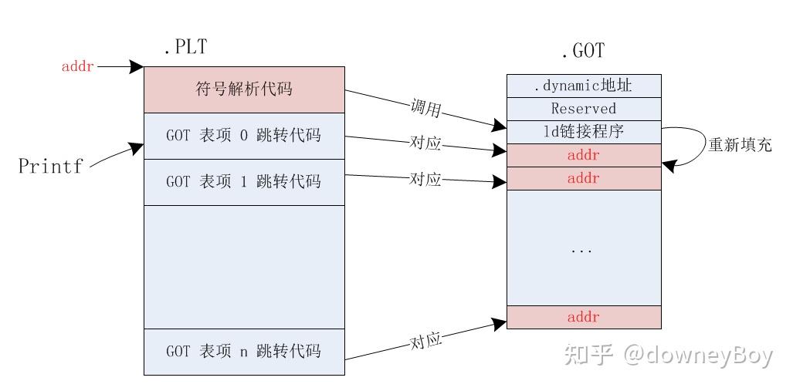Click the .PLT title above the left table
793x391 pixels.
[x=185, y=48]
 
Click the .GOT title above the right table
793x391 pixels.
[x=583, y=52]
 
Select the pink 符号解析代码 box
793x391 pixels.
[x=244, y=89]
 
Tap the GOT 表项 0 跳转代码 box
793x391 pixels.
[x=244, y=136]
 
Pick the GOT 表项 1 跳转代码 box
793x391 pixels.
[x=244, y=182]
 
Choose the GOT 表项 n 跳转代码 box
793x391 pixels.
[x=244, y=352]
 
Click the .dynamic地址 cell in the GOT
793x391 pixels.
[x=584, y=86]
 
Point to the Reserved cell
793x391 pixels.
[x=584, y=109]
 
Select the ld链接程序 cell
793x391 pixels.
[x=584, y=132]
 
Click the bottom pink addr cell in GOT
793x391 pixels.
[x=584, y=317]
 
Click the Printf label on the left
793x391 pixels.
[x=50, y=166]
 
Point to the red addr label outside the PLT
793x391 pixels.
[x=78, y=67]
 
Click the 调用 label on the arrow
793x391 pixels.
[x=425, y=110]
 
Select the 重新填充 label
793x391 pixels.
[x=740, y=144]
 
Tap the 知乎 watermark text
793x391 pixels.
[x=588, y=355]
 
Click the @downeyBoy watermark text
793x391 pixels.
[x=698, y=355]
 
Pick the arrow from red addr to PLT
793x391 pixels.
[x=120, y=67]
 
